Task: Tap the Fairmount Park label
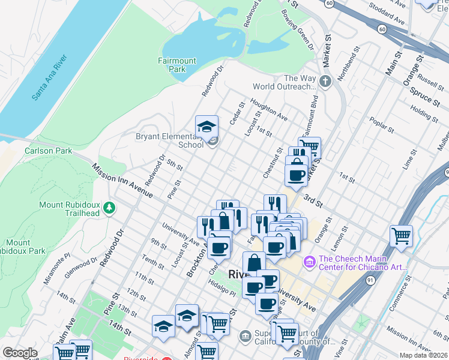tap(177, 65)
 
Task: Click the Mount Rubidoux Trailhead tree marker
tap(109, 208)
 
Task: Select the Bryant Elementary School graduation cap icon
tap(206, 127)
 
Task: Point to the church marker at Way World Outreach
tap(325, 82)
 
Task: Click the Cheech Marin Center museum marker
tap(310, 262)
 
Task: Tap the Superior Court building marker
tap(245, 335)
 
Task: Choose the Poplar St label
tap(382, 124)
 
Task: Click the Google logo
tap(20, 353)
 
